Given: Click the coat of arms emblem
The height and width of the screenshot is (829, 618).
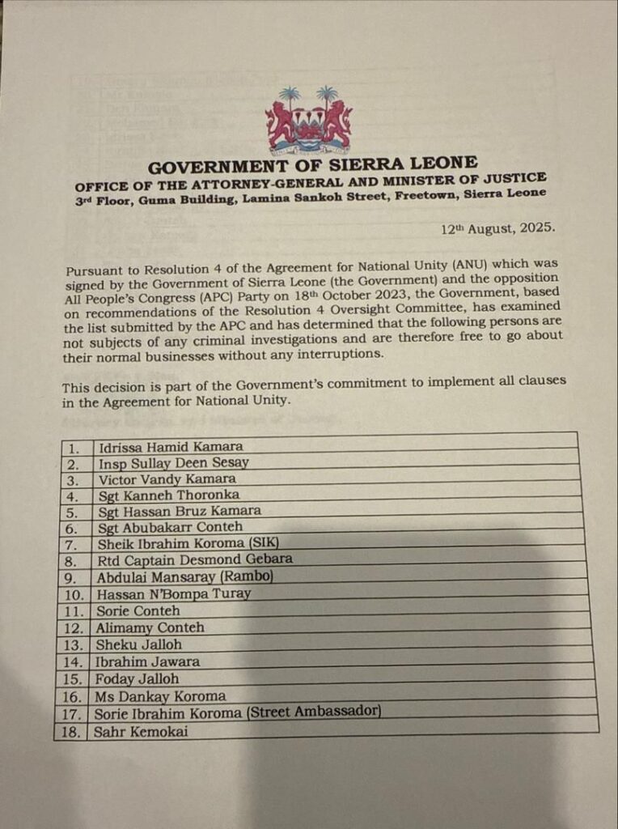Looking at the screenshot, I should click(x=309, y=121).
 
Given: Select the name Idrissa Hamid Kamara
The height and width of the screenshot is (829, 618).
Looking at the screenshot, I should click(x=169, y=446).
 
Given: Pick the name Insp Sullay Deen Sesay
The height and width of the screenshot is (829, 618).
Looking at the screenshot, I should click(x=173, y=463).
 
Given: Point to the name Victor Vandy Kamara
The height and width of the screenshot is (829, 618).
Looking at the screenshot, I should click(x=167, y=478).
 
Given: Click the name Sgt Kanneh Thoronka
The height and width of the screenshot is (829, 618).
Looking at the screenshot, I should click(x=168, y=495).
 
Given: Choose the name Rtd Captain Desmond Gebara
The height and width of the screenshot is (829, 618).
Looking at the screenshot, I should click(x=194, y=559).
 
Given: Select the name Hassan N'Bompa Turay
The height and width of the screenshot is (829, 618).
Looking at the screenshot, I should click(x=173, y=593).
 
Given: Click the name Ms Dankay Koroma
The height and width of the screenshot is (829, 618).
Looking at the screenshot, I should click(x=160, y=696).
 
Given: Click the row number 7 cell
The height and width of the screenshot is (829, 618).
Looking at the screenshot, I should click(x=74, y=543).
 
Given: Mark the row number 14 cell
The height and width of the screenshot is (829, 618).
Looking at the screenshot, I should click(x=74, y=662).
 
